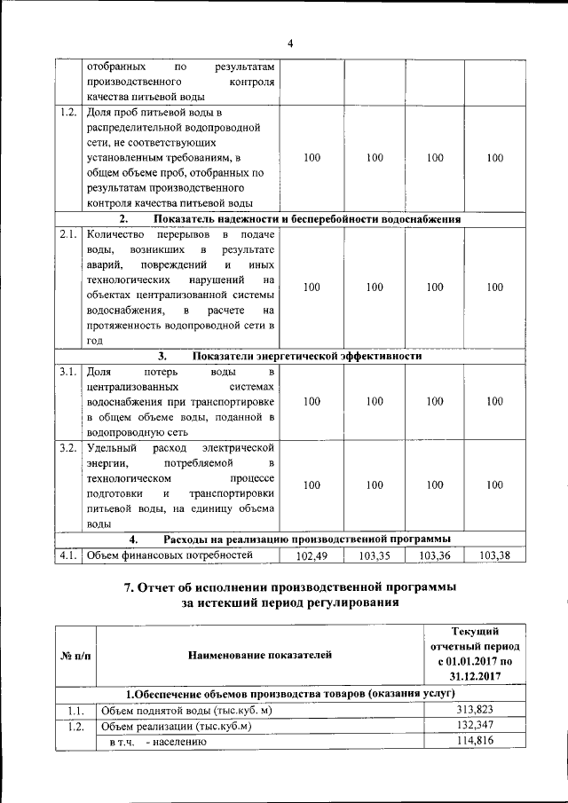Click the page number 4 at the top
pyautogui.click(x=289, y=43)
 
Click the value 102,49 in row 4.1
pyautogui.click(x=312, y=555)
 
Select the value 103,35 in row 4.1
pyautogui.click(x=374, y=555)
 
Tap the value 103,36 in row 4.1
pyautogui.click(x=434, y=555)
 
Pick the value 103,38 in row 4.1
pyautogui.click(x=494, y=555)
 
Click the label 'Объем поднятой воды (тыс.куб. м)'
pyautogui.click(x=186, y=710)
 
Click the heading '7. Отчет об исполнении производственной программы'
pyautogui.click(x=290, y=587)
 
